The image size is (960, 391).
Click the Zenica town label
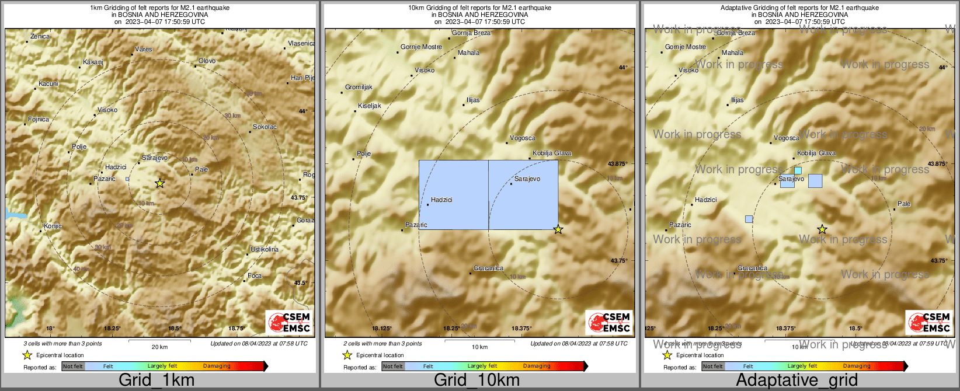tap(40, 36)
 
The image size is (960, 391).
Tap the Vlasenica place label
tap(301, 43)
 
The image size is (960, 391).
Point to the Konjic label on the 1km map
tap(53, 226)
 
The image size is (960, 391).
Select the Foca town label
tap(255, 275)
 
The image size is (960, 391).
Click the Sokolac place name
tap(265, 127)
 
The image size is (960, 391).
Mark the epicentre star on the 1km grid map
tap(160, 183)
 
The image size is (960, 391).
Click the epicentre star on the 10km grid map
tap(558, 229)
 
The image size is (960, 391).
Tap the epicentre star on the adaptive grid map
tap(822, 229)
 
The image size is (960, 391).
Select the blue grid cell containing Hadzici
tap(454, 195)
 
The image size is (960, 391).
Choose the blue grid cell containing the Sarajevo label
tap(523, 195)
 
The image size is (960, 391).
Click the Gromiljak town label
tap(359, 87)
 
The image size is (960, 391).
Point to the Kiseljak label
tap(370, 106)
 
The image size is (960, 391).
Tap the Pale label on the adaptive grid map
tap(904, 204)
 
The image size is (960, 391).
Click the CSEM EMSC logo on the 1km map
tap(289, 322)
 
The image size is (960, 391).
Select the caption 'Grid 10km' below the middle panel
tap(476, 380)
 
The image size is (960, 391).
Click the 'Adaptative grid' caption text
tap(796, 380)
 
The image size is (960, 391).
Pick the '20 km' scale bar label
tap(159, 347)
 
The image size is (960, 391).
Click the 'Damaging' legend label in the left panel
tap(217, 366)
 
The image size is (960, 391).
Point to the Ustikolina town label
tap(265, 249)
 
